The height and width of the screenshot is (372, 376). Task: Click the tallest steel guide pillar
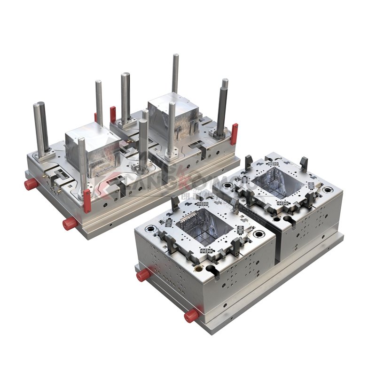tap(175, 73)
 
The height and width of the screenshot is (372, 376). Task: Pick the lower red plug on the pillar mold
tap(69, 223)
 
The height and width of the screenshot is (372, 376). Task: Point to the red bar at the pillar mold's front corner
tap(87, 201)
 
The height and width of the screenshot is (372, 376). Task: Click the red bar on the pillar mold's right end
tap(234, 133)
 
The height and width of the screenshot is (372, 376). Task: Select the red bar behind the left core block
tap(113, 114)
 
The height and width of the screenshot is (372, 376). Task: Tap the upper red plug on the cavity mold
tap(143, 275)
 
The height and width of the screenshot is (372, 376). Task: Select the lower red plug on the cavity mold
tap(191, 316)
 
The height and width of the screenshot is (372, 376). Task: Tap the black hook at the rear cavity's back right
tap(304, 163)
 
